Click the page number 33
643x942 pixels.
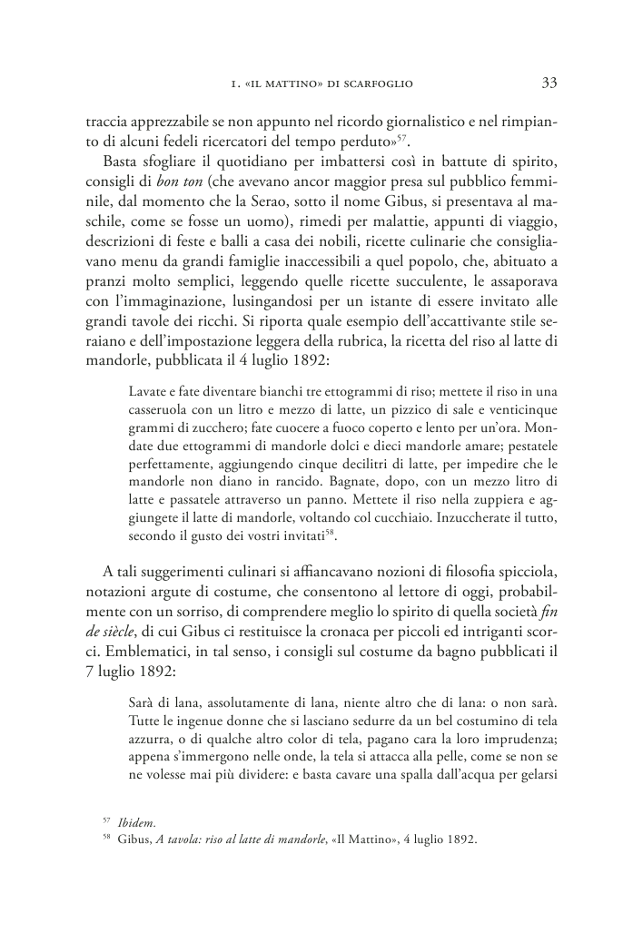click(x=549, y=83)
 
